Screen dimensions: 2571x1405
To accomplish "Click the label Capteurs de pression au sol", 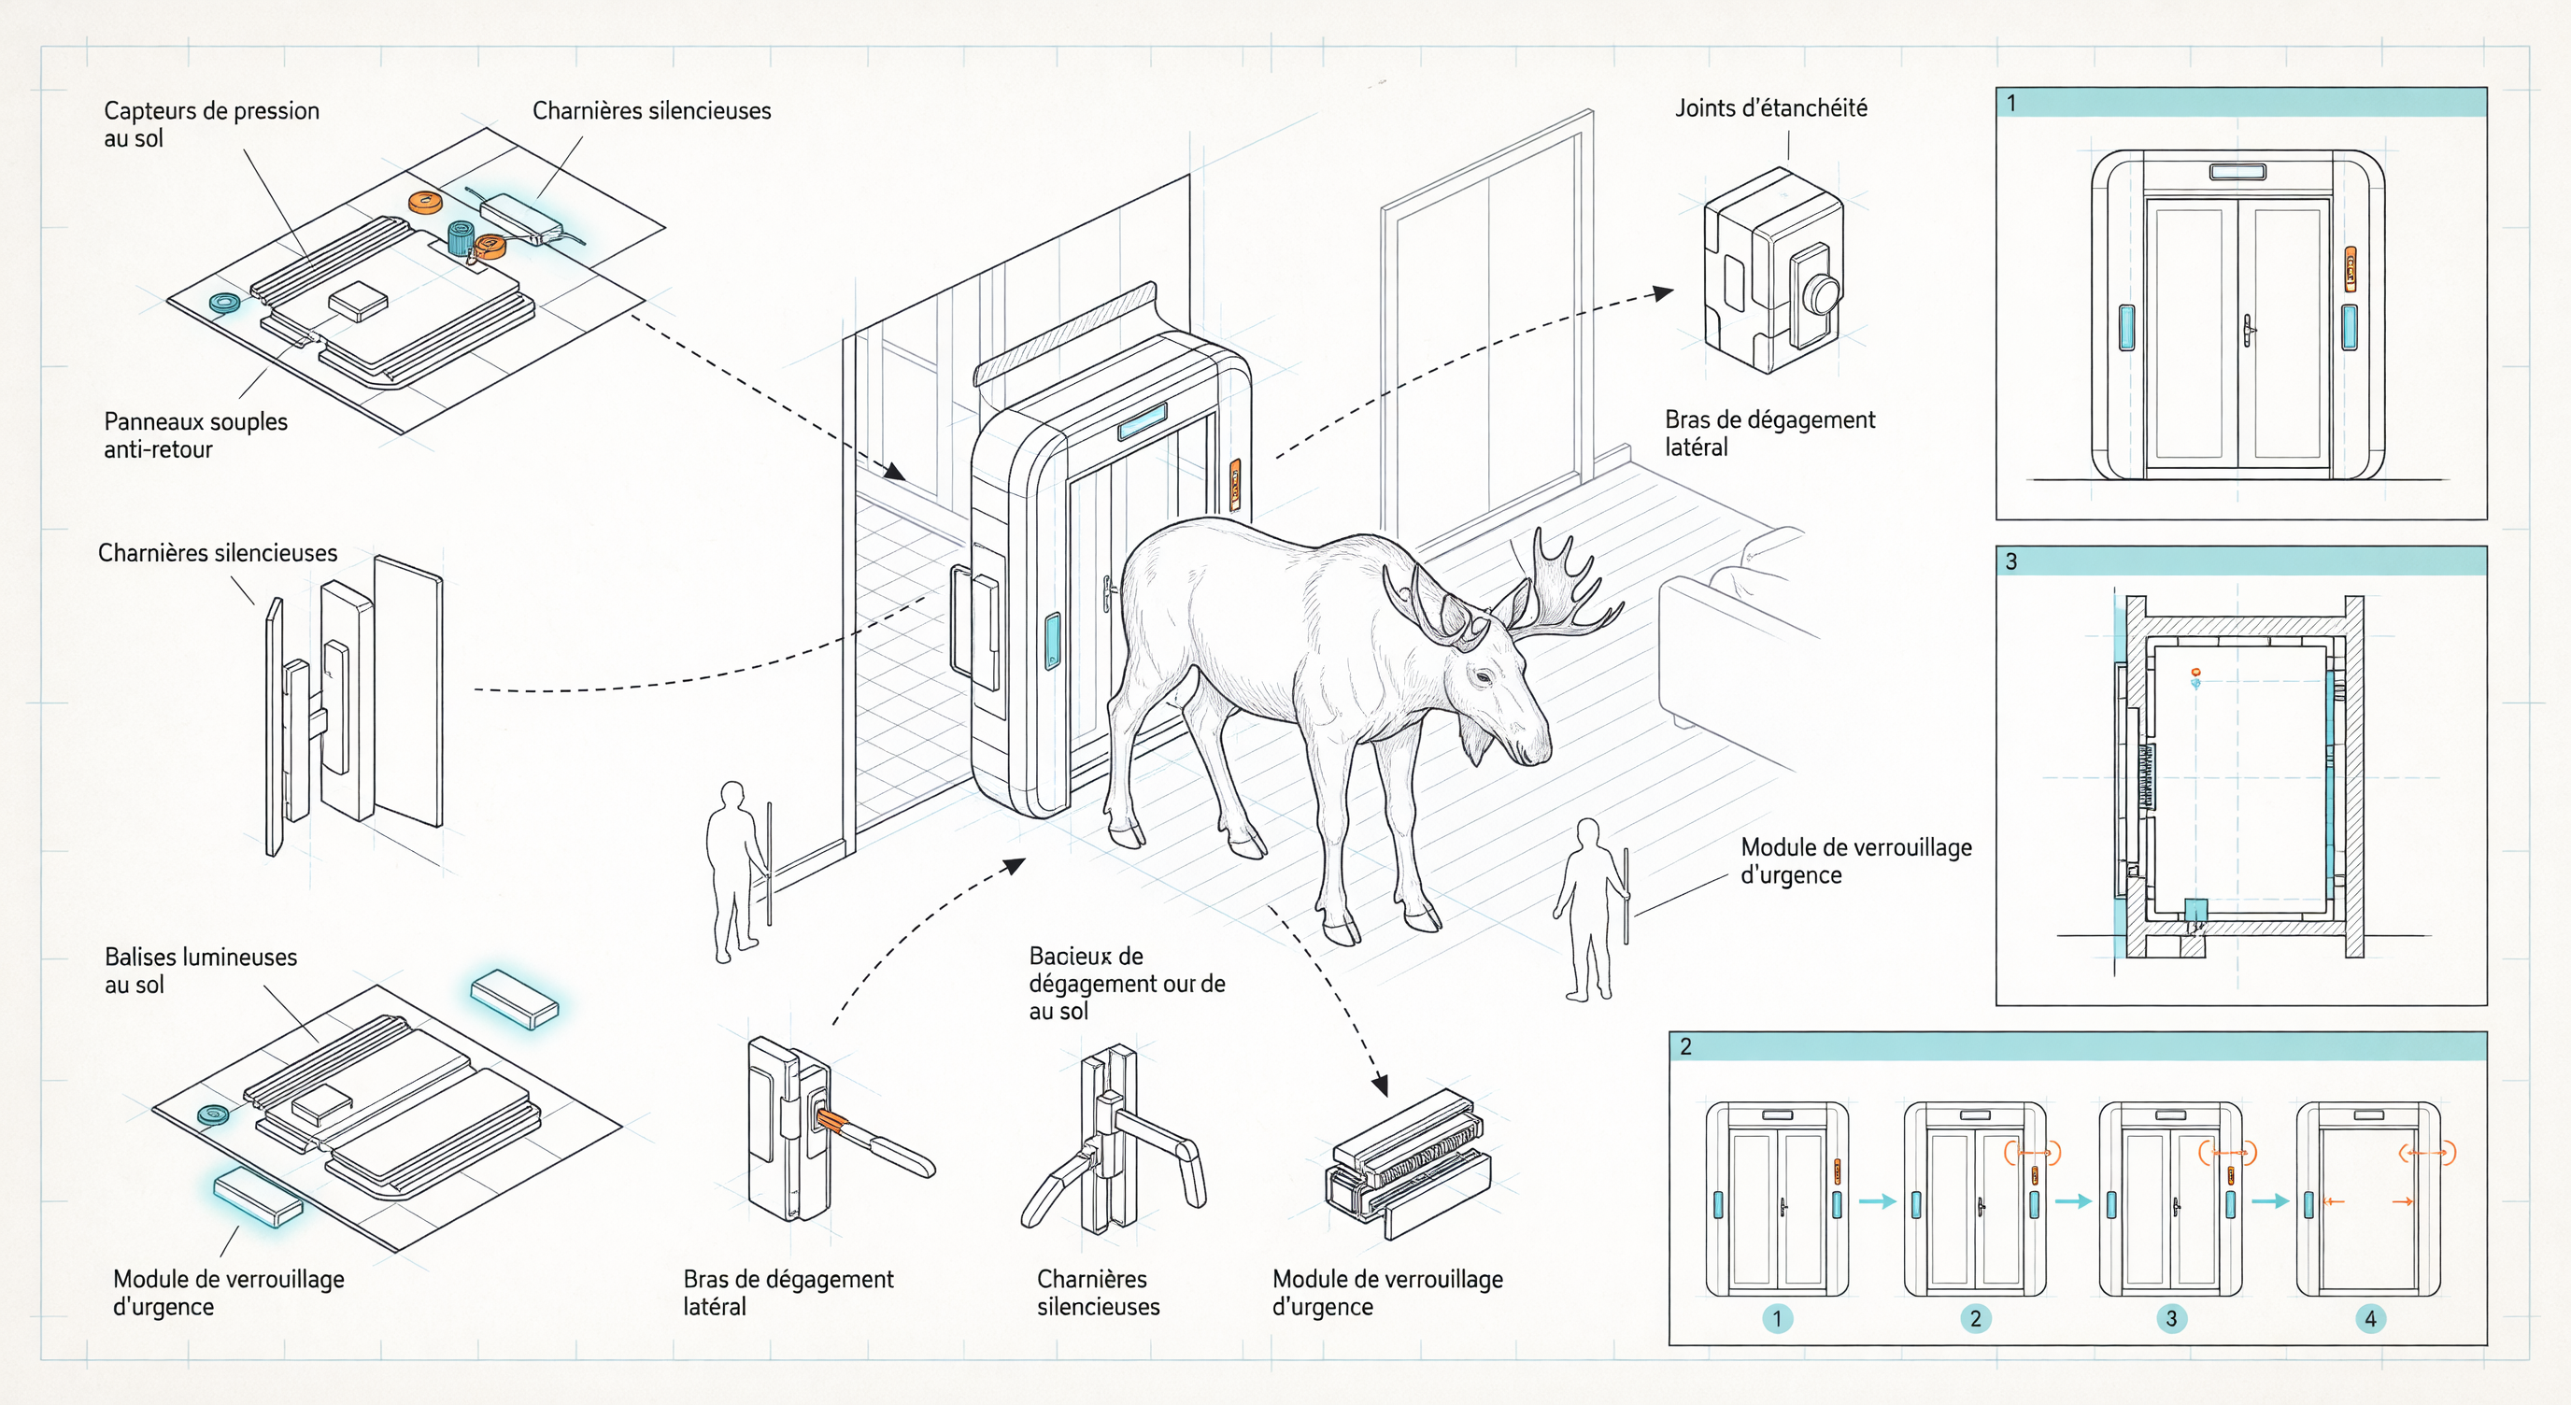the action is coord(211,125).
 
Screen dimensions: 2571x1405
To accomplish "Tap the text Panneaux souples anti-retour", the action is coord(195,435).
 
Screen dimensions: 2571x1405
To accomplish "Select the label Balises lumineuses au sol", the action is coord(201,971).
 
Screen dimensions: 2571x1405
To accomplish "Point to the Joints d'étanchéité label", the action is coord(1770,108).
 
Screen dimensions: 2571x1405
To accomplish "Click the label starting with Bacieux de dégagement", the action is coord(1127,983).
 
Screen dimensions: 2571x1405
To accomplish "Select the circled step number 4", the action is coord(2370,1319).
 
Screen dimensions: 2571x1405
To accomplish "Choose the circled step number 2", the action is coord(1975,1319).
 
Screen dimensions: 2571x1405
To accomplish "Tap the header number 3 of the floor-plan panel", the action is coord(2011,561).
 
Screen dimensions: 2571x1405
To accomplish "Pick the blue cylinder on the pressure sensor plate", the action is coord(460,237).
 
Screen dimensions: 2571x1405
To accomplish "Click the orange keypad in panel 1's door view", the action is coord(2351,269).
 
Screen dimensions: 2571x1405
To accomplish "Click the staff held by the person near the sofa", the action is coord(1626,896).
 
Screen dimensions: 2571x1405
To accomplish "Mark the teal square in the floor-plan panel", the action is coord(2195,910).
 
